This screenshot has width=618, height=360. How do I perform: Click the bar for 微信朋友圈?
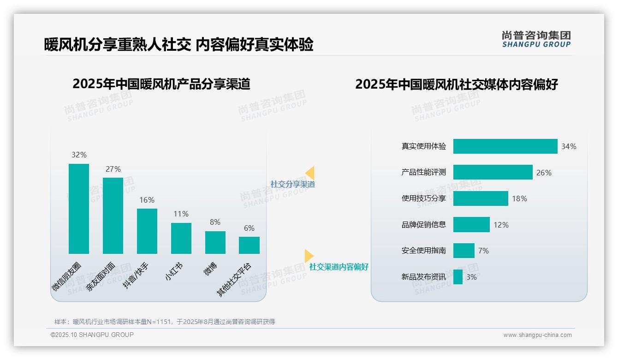tap(79, 209)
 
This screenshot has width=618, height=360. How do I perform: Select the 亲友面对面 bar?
tap(113, 216)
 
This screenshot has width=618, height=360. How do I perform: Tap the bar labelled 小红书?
tap(181, 238)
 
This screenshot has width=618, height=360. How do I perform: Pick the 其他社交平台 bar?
tap(249, 245)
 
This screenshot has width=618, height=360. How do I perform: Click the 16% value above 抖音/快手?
tap(147, 200)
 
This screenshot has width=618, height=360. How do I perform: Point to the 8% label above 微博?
tap(215, 222)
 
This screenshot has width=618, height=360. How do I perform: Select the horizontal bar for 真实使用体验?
tap(505, 146)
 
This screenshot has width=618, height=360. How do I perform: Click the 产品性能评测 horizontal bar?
tap(493, 172)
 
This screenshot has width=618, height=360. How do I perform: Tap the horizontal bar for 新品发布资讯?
tap(458, 277)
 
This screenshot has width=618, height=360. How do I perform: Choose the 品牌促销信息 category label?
tap(423, 225)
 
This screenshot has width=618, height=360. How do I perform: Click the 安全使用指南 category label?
tap(423, 251)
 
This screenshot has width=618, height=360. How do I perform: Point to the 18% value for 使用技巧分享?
tap(519, 198)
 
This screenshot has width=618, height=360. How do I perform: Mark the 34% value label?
tap(569, 146)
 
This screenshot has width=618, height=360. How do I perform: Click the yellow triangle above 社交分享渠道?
tap(310, 173)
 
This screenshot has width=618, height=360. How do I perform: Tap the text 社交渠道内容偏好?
tap(339, 267)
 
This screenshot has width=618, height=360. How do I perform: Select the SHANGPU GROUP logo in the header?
tap(536, 39)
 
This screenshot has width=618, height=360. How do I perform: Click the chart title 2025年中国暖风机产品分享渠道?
tap(161, 84)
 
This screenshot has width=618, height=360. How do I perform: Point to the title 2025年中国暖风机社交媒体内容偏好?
tap(456, 84)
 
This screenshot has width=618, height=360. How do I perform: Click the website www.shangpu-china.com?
tap(537, 335)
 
